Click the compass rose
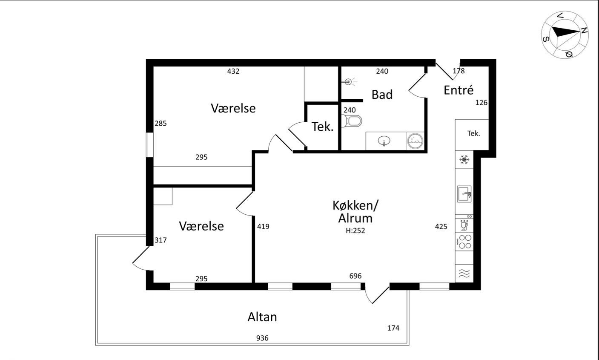coord(565,35)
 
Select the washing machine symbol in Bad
coord(415,141)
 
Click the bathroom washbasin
coord(384,141)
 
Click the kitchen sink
coord(464,194)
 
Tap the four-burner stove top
coord(465,242)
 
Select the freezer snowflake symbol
coord(464,159)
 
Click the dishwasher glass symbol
coord(464,225)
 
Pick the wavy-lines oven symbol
coord(464,273)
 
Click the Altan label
coord(262,317)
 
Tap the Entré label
coord(459,90)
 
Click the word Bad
coord(382,95)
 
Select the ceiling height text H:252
coord(355,231)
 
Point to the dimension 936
coord(262,338)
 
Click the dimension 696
coord(355,276)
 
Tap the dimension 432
coord(233,71)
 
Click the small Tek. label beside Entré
coord(473,133)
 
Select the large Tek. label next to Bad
coord(323,127)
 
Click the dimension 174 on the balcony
coord(393,328)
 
